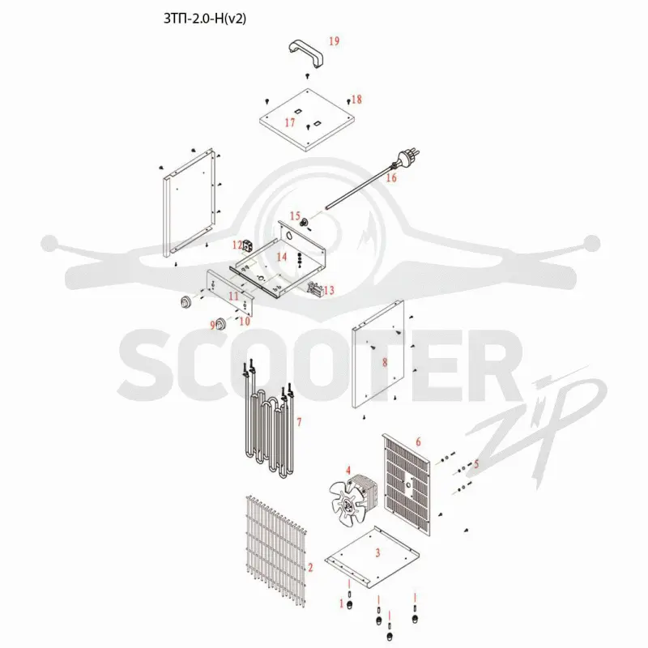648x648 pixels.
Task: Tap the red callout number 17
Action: click(x=290, y=123)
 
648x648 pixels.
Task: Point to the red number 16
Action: click(x=391, y=177)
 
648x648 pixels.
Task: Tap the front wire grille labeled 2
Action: click(x=276, y=551)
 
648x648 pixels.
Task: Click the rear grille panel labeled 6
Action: click(x=407, y=484)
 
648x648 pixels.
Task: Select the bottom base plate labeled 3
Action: click(x=372, y=557)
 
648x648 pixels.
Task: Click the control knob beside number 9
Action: click(x=221, y=322)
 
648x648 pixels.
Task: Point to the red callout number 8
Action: click(x=385, y=362)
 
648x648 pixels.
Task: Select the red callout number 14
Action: click(x=281, y=257)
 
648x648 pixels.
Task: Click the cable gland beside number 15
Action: click(x=305, y=224)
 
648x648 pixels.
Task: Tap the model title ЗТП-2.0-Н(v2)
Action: click(x=205, y=19)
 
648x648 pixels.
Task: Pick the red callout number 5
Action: click(x=476, y=463)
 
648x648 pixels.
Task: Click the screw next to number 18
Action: click(x=348, y=100)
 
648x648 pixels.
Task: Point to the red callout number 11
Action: click(x=234, y=296)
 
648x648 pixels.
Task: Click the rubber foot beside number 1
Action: click(x=350, y=605)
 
